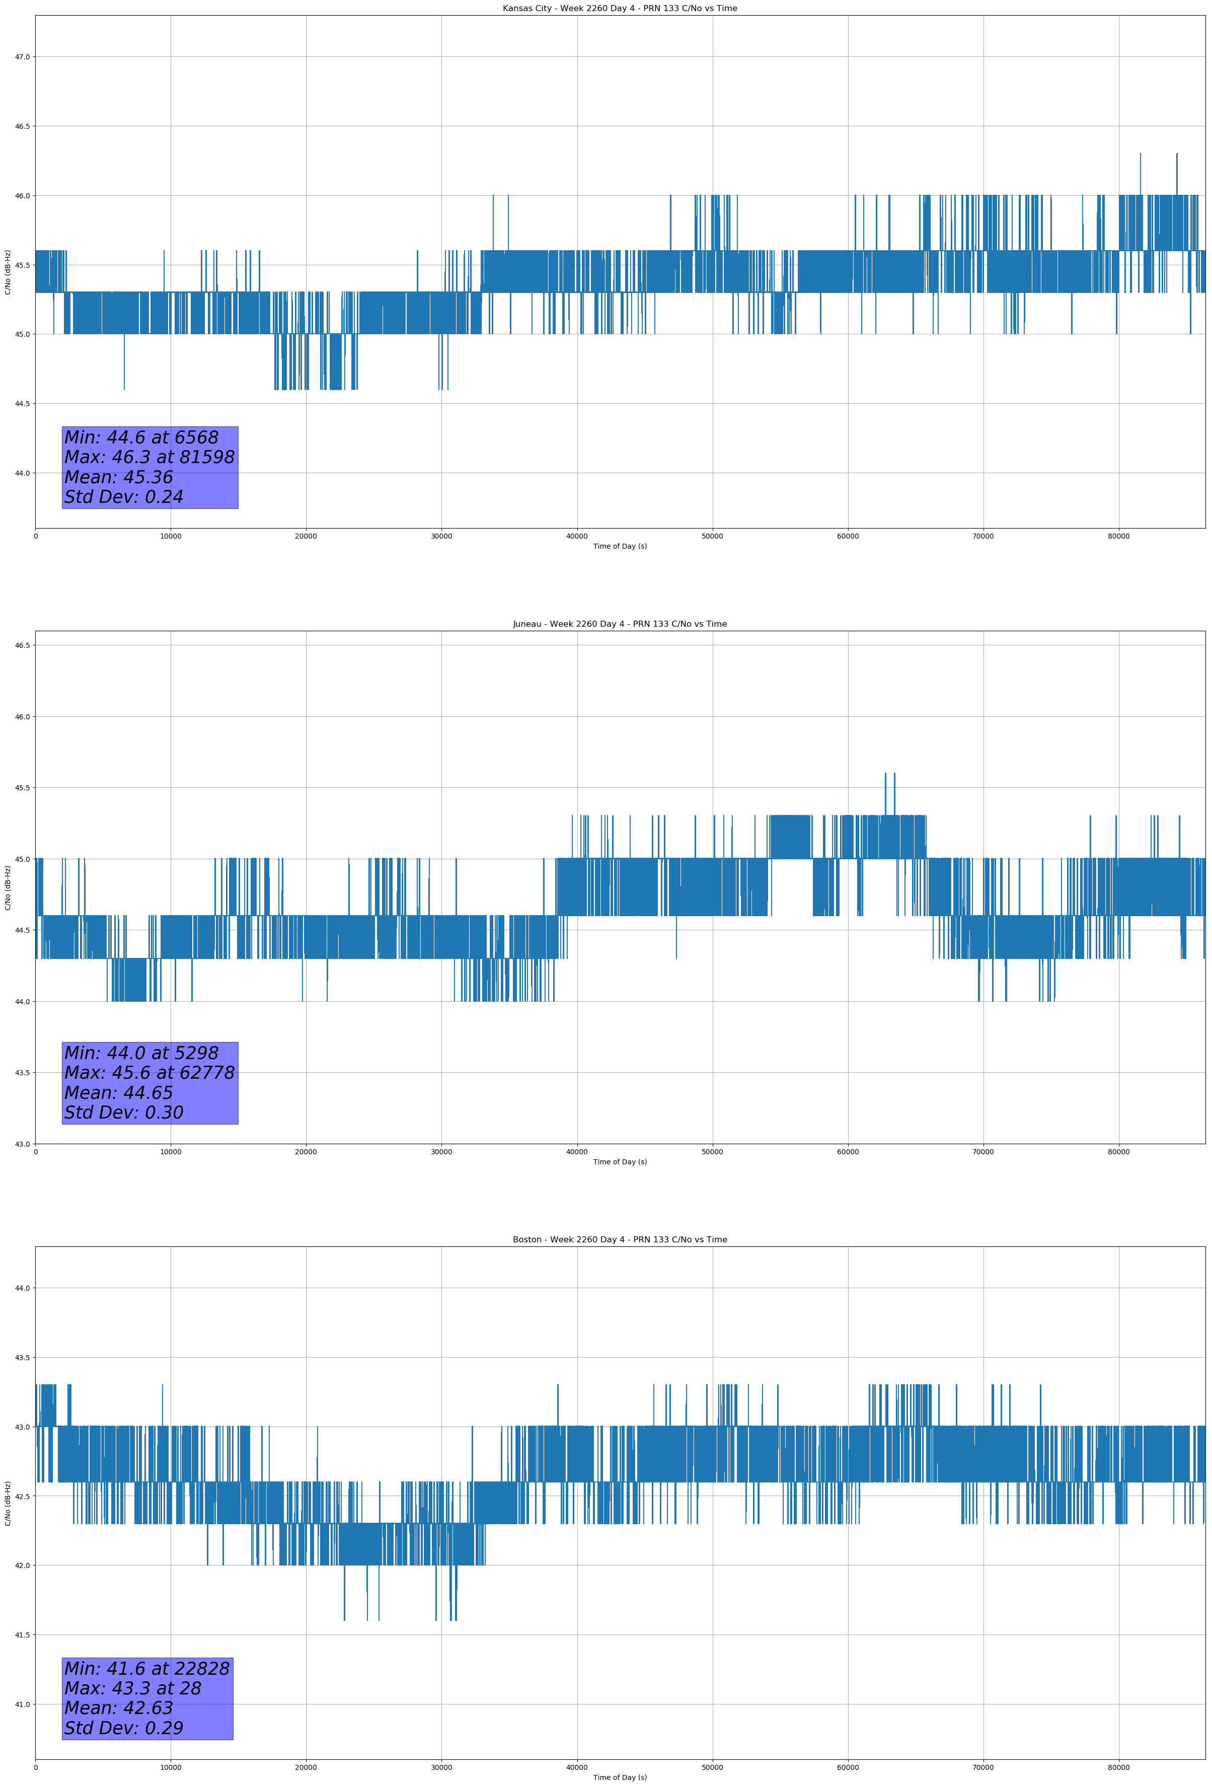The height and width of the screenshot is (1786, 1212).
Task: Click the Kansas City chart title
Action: pyautogui.click(x=620, y=9)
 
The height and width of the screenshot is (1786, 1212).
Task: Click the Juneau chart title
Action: pyautogui.click(x=620, y=624)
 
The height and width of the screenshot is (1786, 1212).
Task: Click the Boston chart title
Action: pyautogui.click(x=620, y=1240)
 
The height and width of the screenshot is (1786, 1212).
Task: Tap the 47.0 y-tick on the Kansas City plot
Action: pyautogui.click(x=22, y=57)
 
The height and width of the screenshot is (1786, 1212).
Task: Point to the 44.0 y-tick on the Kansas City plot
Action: pyautogui.click(x=22, y=473)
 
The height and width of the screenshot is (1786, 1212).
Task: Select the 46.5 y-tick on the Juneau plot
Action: pyautogui.click(x=22, y=645)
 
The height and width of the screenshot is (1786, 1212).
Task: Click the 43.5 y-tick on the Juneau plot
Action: pyautogui.click(x=22, y=1073)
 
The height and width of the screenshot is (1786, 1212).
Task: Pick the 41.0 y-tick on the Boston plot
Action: pyautogui.click(x=22, y=1704)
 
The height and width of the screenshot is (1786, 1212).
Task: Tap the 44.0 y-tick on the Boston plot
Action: pyautogui.click(x=22, y=1288)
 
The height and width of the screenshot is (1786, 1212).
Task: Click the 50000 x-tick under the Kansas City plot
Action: pyautogui.click(x=712, y=537)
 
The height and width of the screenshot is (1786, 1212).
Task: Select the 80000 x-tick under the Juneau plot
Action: pyautogui.click(x=1118, y=1152)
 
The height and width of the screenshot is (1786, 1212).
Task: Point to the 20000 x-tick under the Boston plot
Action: pyautogui.click(x=306, y=1767)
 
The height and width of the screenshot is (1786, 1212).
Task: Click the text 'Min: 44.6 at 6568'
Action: pyautogui.click(x=141, y=438)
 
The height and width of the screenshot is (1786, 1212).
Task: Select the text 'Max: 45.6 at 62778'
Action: pyautogui.click(x=149, y=1073)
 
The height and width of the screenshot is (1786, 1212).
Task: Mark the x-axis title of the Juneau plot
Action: pyautogui.click(x=620, y=1162)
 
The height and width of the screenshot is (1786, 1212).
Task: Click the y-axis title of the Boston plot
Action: pyautogui.click(x=8, y=1503)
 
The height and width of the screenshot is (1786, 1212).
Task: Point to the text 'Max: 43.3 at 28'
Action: pyautogui.click(x=132, y=1688)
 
